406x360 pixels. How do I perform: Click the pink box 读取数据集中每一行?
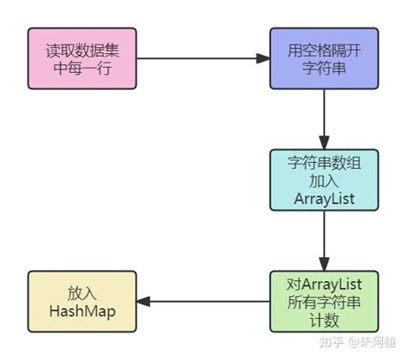81,58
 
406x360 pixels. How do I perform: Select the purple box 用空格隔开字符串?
324,58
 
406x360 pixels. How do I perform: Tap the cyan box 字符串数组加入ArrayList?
324,180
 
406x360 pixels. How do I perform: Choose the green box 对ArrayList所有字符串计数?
324,301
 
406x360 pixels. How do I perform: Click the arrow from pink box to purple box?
201,58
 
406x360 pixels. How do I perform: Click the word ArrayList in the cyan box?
324,199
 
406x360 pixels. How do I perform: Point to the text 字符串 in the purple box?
324,68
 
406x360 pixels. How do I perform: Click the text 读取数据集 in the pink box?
81,50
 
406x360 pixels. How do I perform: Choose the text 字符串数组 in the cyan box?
324,162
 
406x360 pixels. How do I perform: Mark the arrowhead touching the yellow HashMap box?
143,301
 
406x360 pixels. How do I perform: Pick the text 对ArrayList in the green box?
324,283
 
